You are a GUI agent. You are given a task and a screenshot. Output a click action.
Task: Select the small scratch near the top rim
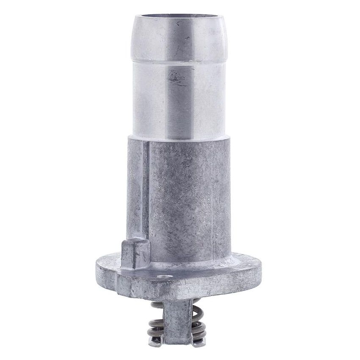[x=187, y=37]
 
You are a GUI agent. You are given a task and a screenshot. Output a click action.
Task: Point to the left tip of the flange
[x=98, y=267]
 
